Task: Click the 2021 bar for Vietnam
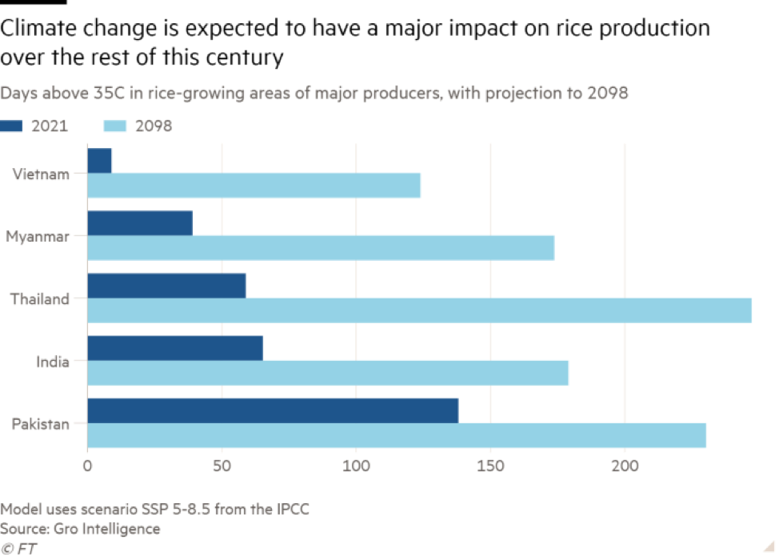[100, 161]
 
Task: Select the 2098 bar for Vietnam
[254, 186]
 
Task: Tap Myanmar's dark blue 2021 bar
[140, 223]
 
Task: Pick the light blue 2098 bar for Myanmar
[321, 248]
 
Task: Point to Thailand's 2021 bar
[166, 286]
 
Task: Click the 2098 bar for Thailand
[420, 310]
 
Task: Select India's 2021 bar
[175, 348]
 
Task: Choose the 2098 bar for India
[328, 373]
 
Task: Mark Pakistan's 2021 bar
[273, 410]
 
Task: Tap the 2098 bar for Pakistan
[397, 435]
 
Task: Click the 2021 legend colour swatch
[12, 126]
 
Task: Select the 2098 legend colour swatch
[116, 126]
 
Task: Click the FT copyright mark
[19, 548]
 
